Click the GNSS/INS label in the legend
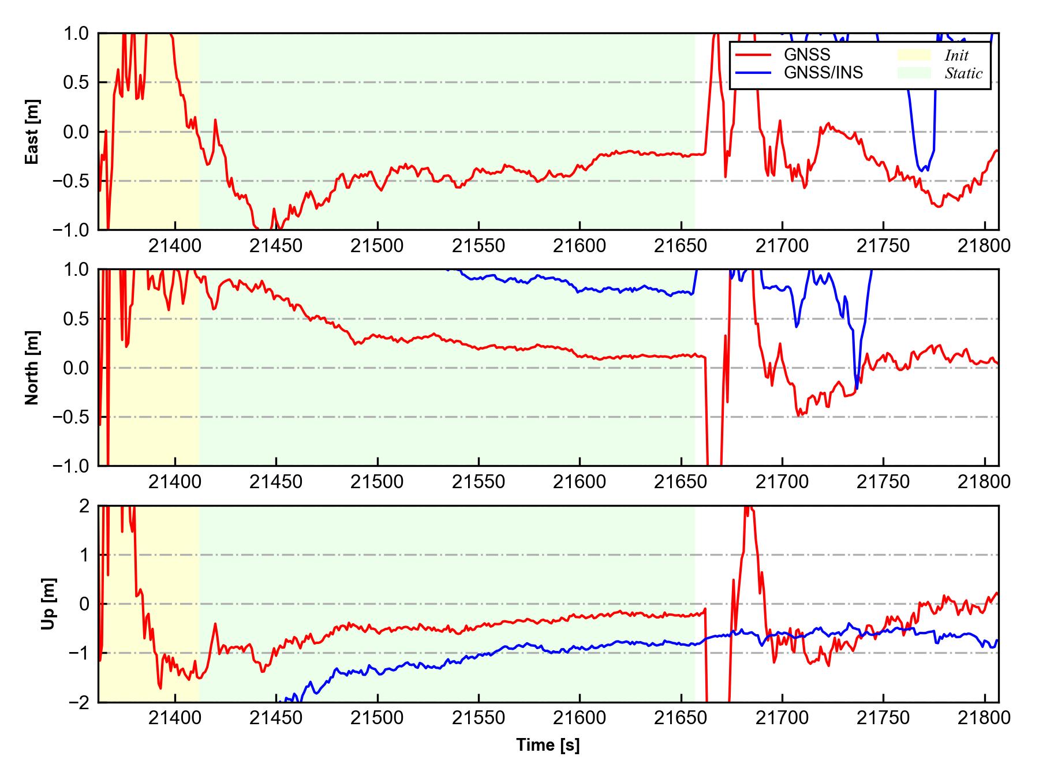(x=823, y=73)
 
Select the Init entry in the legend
(x=956, y=55)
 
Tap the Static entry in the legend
(x=963, y=73)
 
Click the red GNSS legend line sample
(x=753, y=55)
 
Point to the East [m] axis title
(x=32, y=132)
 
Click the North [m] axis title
(x=32, y=368)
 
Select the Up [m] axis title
(x=48, y=604)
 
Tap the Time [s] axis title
(x=548, y=746)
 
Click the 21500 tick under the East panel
(x=378, y=246)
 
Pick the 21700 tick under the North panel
(x=782, y=482)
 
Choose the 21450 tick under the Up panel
(x=276, y=718)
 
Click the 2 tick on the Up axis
(x=84, y=506)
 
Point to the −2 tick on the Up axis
(x=79, y=702)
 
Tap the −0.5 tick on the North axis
(x=71, y=417)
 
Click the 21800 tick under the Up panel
(x=984, y=718)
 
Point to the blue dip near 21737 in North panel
(x=857, y=388)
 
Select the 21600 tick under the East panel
(x=580, y=246)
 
